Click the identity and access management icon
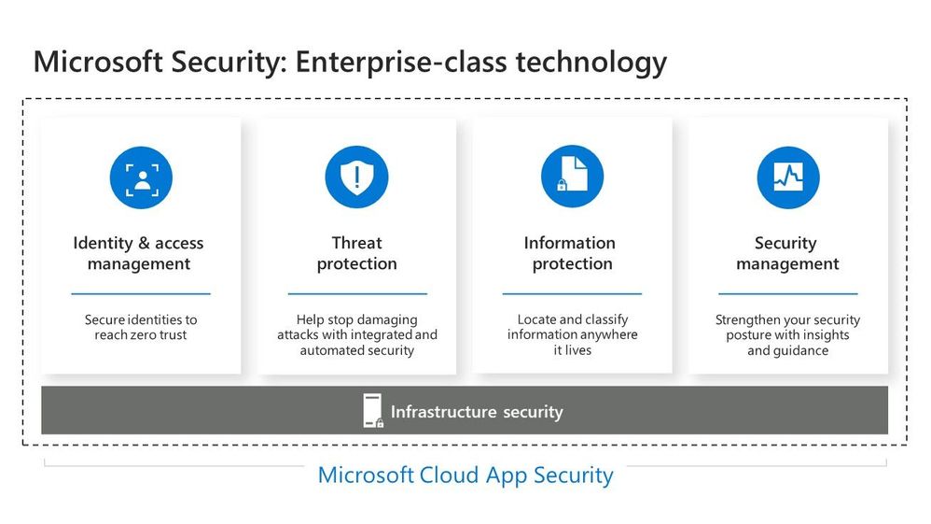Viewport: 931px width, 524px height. pyautogui.click(x=141, y=177)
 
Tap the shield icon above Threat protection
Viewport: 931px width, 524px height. pyautogui.click(x=357, y=177)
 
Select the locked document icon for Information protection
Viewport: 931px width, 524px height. pyautogui.click(x=573, y=176)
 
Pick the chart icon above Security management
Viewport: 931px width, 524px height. pyautogui.click(x=788, y=177)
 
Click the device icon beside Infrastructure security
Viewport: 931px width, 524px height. pyautogui.click(x=373, y=411)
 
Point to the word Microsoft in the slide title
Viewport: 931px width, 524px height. pyautogui.click(x=98, y=62)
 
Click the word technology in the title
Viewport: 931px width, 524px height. pyautogui.click(x=591, y=63)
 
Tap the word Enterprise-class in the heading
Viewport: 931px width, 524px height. pyautogui.click(x=401, y=63)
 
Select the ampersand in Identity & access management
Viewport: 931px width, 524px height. pyautogui.click(x=144, y=243)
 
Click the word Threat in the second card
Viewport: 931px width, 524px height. pyautogui.click(x=357, y=243)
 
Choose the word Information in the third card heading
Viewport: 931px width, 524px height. pyautogui.click(x=569, y=243)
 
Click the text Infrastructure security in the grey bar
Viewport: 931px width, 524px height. pyautogui.click(x=477, y=412)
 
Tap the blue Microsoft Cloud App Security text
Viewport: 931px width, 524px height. pyautogui.click(x=465, y=475)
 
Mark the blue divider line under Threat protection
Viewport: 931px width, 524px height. pyautogui.click(x=357, y=293)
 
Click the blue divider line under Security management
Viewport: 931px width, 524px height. pyautogui.click(x=788, y=293)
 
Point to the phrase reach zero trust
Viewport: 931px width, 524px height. pyautogui.click(x=141, y=335)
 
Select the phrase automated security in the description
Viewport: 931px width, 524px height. pyautogui.click(x=357, y=350)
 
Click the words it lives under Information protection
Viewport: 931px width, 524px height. pyautogui.click(x=573, y=350)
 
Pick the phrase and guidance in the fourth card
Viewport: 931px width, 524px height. pyautogui.click(x=788, y=350)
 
